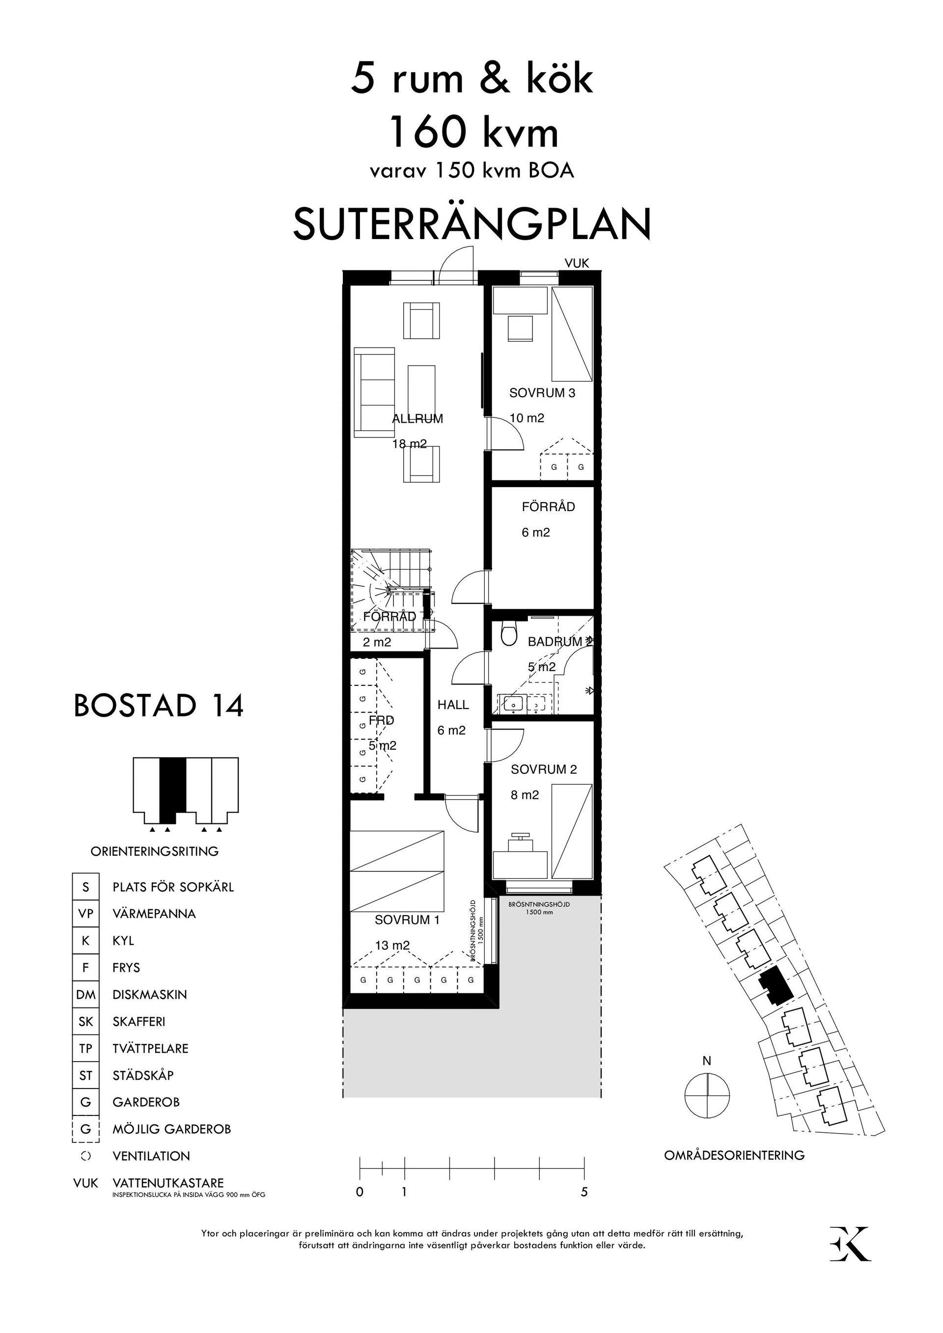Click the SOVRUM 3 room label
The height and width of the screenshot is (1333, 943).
tap(542, 393)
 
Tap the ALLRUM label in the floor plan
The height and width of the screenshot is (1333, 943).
tap(417, 419)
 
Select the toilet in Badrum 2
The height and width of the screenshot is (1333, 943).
tap(509, 634)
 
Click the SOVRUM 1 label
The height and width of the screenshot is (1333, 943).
tap(407, 920)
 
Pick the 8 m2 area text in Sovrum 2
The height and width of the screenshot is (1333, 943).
tap(525, 795)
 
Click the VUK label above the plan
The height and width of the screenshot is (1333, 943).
tap(577, 263)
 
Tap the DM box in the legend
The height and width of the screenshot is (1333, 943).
tap(85, 995)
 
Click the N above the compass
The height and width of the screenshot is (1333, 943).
tap(707, 1061)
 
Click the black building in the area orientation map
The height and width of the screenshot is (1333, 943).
tap(774, 985)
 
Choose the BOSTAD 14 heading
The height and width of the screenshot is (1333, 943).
tap(159, 706)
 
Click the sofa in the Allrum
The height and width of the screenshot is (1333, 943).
tap(375, 392)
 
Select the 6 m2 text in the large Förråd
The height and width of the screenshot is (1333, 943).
tap(535, 532)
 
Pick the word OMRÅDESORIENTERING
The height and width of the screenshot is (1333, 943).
tap(734, 1155)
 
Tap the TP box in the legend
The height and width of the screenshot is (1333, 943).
tap(85, 1049)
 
